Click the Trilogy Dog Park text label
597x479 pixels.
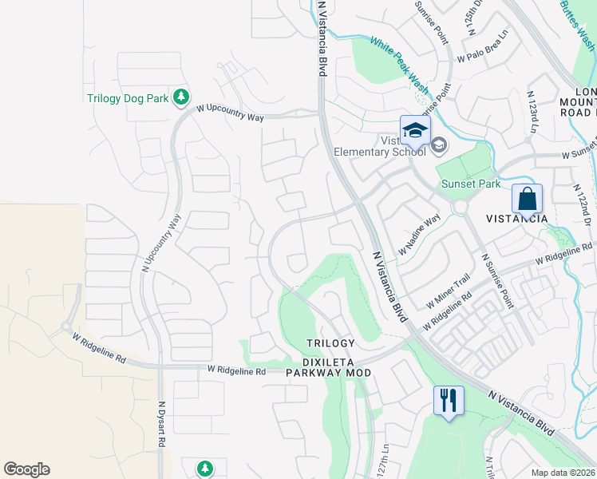(128, 99)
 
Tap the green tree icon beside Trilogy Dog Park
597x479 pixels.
(182, 97)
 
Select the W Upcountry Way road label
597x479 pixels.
(230, 112)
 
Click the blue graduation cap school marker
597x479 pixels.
(414, 129)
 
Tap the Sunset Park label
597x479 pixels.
(471, 184)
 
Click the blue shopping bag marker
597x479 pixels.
(527, 199)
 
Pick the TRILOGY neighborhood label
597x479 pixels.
(330, 343)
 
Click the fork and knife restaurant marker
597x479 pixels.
(449, 399)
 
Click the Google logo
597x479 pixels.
(26, 469)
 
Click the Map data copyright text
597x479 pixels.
(563, 473)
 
